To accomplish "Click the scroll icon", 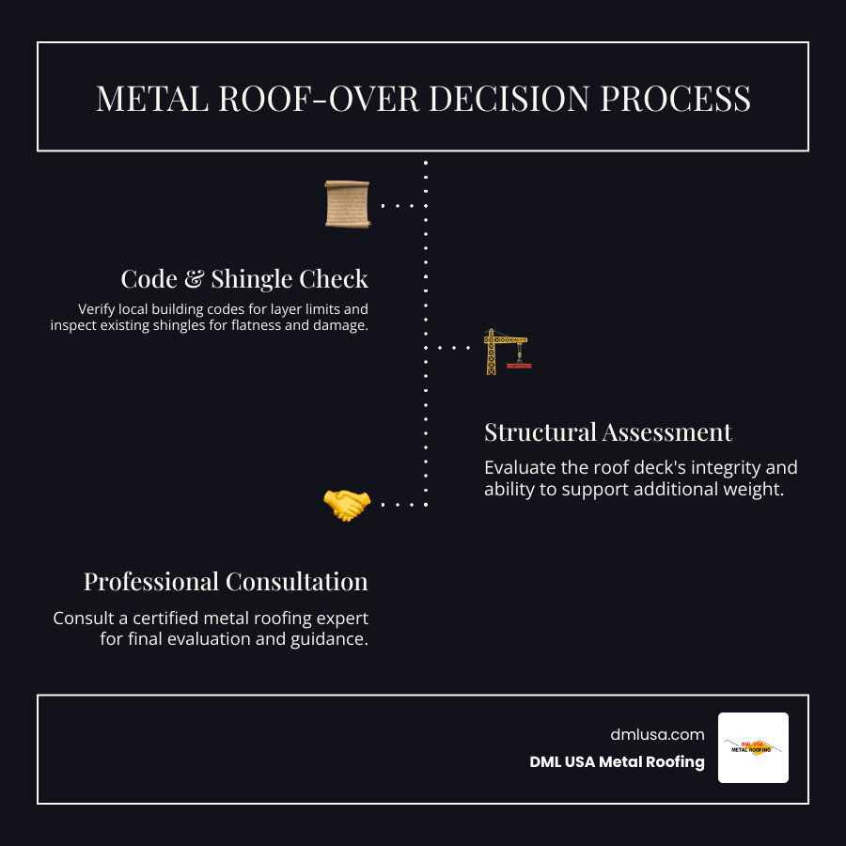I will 347,204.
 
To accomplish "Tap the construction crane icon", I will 506,352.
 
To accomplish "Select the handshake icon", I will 347,505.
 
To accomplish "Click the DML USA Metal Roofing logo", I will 753,747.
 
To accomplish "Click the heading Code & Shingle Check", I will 244,279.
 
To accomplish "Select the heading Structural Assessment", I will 607,432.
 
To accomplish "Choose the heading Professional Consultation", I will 226,582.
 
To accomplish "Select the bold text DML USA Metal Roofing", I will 617,762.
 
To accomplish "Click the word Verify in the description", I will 98,308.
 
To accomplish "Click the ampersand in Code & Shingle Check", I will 194,279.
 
